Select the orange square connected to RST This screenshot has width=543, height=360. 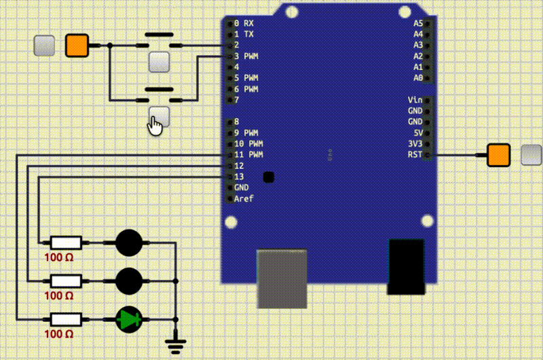coord(499,155)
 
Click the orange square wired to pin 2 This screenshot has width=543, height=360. coord(76,46)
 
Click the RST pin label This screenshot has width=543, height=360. coord(414,155)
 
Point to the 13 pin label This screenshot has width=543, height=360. coord(239,177)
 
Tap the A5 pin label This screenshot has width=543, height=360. coord(417,23)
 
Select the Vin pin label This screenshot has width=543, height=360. coord(415,100)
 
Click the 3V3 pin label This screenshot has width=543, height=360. coord(415,144)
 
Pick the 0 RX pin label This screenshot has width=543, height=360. coord(244,23)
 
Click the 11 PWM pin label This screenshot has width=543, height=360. coord(248,155)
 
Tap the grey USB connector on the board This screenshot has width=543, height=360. coord(282,277)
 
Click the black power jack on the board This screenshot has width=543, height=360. coord(406,266)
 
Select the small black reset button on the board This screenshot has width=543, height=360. coord(268,177)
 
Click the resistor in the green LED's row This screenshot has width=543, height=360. coord(67,318)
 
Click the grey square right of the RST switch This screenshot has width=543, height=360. coord(531,155)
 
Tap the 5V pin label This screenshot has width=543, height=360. coord(417,132)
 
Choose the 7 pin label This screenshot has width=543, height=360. coord(236,100)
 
